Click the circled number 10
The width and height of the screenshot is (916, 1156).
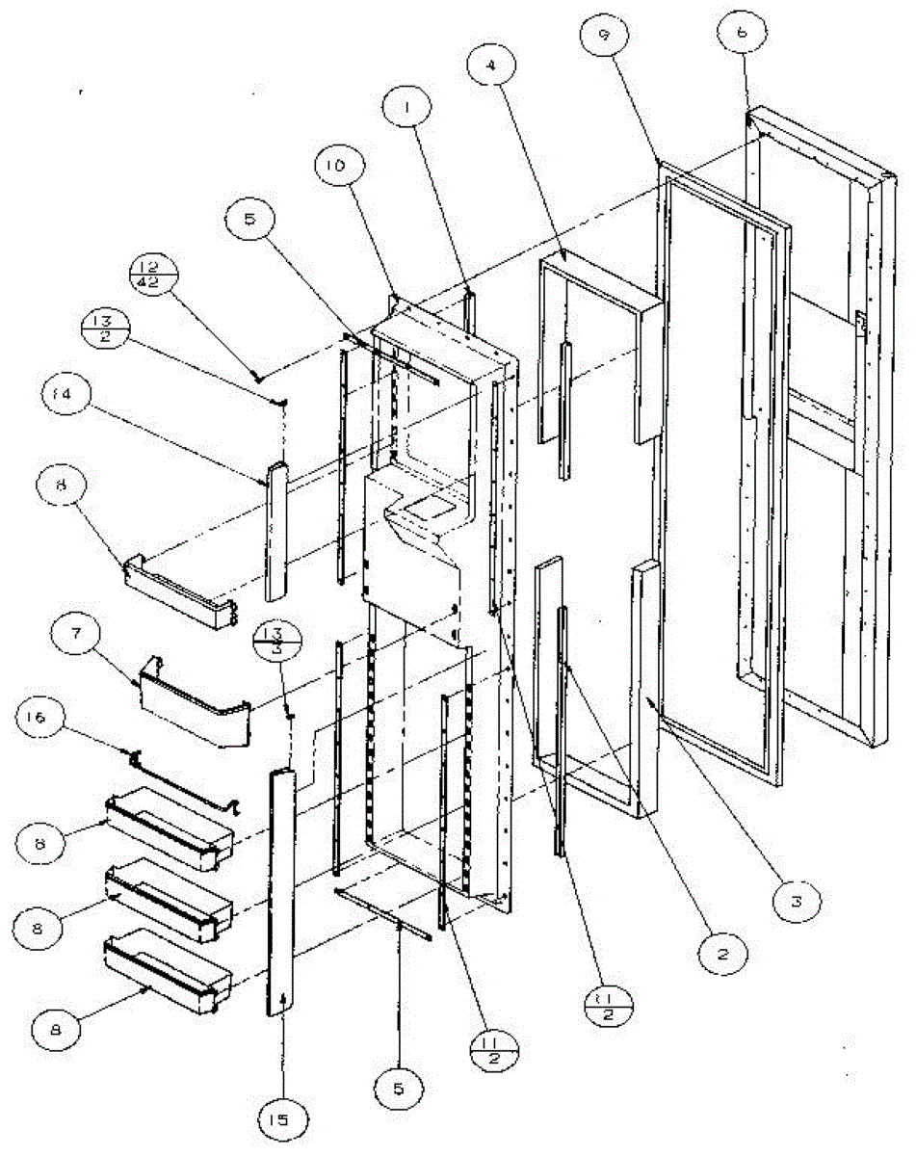point(337,167)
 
